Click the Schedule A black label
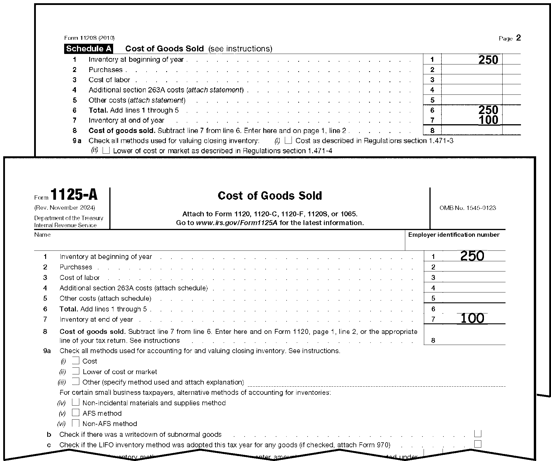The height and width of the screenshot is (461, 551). pyautogui.click(x=89, y=49)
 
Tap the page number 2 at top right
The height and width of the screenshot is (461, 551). pyautogui.click(x=518, y=38)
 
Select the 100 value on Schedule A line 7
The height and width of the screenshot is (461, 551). pyautogui.click(x=488, y=120)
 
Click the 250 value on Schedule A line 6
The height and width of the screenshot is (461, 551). pyautogui.click(x=488, y=110)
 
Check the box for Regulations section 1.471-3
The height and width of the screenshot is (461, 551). pyautogui.click(x=288, y=141)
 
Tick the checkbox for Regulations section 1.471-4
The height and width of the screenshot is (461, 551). pyautogui.click(x=106, y=150)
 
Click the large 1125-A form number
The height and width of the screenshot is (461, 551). pyautogui.click(x=74, y=194)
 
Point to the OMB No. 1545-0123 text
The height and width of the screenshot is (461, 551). pyautogui.click(x=468, y=208)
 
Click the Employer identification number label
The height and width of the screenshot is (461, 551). pyautogui.click(x=454, y=235)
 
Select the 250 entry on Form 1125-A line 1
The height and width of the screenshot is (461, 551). pyautogui.click(x=472, y=256)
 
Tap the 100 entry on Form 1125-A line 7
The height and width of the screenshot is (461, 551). pyautogui.click(x=472, y=318)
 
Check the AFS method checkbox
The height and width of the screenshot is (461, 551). pyautogui.click(x=76, y=413)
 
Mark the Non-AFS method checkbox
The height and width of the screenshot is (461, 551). pyautogui.click(x=76, y=423)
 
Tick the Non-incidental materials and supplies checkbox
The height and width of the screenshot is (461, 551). pyautogui.click(x=76, y=402)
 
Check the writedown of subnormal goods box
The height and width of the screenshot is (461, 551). pyautogui.click(x=478, y=434)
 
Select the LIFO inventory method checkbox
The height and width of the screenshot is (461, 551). pyautogui.click(x=478, y=444)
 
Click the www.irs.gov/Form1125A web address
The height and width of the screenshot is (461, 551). pyautogui.click(x=237, y=223)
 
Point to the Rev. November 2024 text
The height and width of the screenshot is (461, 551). pyautogui.click(x=64, y=208)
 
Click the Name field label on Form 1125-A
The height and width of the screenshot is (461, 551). pyautogui.click(x=42, y=235)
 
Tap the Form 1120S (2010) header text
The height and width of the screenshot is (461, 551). pyautogui.click(x=89, y=38)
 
